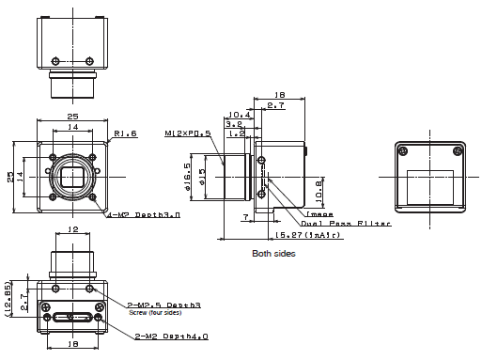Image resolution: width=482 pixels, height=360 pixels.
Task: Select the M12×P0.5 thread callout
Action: coord(186,133)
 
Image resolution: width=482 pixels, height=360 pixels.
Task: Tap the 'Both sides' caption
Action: coord(272,254)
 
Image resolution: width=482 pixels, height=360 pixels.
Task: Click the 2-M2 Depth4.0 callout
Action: coord(172,336)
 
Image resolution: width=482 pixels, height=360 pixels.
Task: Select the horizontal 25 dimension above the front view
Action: coord(72,115)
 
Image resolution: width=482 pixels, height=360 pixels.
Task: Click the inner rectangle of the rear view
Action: coord(431,178)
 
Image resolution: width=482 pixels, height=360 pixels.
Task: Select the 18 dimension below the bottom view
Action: coord(73,345)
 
